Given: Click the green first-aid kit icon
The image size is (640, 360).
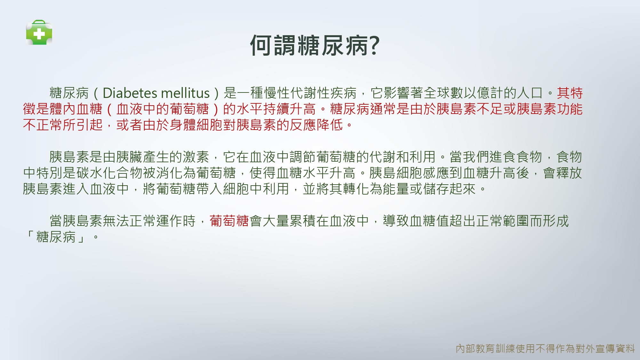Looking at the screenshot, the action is tap(39, 32).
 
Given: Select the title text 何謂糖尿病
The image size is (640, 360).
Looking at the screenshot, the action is tap(309, 45).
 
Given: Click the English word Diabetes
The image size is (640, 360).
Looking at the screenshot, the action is tap(130, 93).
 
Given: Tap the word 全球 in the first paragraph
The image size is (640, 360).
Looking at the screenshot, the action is tap(436, 93).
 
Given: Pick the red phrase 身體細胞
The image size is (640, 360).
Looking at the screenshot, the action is tap(196, 125).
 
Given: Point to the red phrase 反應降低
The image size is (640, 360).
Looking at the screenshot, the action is tap(316, 125).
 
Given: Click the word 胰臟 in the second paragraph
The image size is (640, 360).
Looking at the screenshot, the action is tap(129, 157).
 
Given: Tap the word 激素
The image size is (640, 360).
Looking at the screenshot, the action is tap(196, 157).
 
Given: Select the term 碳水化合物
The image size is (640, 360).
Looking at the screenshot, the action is tap(109, 173).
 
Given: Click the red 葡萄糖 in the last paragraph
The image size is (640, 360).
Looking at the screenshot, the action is tap(229, 221).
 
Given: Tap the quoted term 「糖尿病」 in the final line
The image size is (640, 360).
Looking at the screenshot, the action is tap(56, 237).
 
